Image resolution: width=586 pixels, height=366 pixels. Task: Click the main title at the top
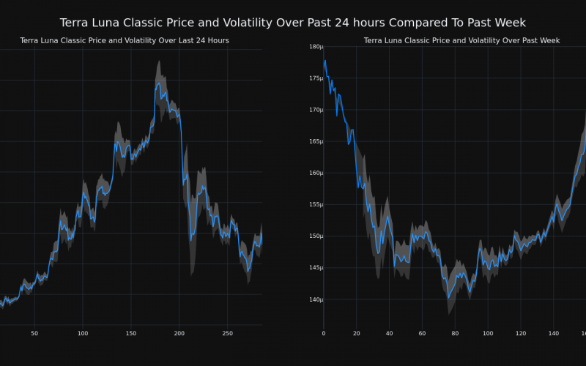pyautogui.click(x=293, y=23)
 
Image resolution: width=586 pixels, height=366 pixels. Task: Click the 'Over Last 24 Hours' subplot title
pyautogui.click(x=125, y=40)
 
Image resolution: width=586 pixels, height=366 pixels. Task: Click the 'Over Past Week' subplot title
pyautogui.click(x=461, y=40)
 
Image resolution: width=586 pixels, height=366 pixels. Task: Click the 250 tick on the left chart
pyautogui.click(x=228, y=334)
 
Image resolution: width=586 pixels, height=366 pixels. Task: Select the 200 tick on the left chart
pyautogui.click(x=179, y=334)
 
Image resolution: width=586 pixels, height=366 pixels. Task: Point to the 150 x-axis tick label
pyautogui.click(x=130, y=334)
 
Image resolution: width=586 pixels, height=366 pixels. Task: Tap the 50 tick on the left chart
pyautogui.click(x=34, y=334)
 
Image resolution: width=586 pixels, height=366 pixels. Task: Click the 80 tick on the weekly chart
pyautogui.click(x=455, y=334)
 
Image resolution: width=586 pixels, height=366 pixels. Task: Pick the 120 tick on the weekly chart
pyautogui.click(x=521, y=334)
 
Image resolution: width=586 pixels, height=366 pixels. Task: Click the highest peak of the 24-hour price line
pyautogui.click(x=159, y=83)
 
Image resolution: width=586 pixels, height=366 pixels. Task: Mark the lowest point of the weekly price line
pyautogui.click(x=448, y=297)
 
